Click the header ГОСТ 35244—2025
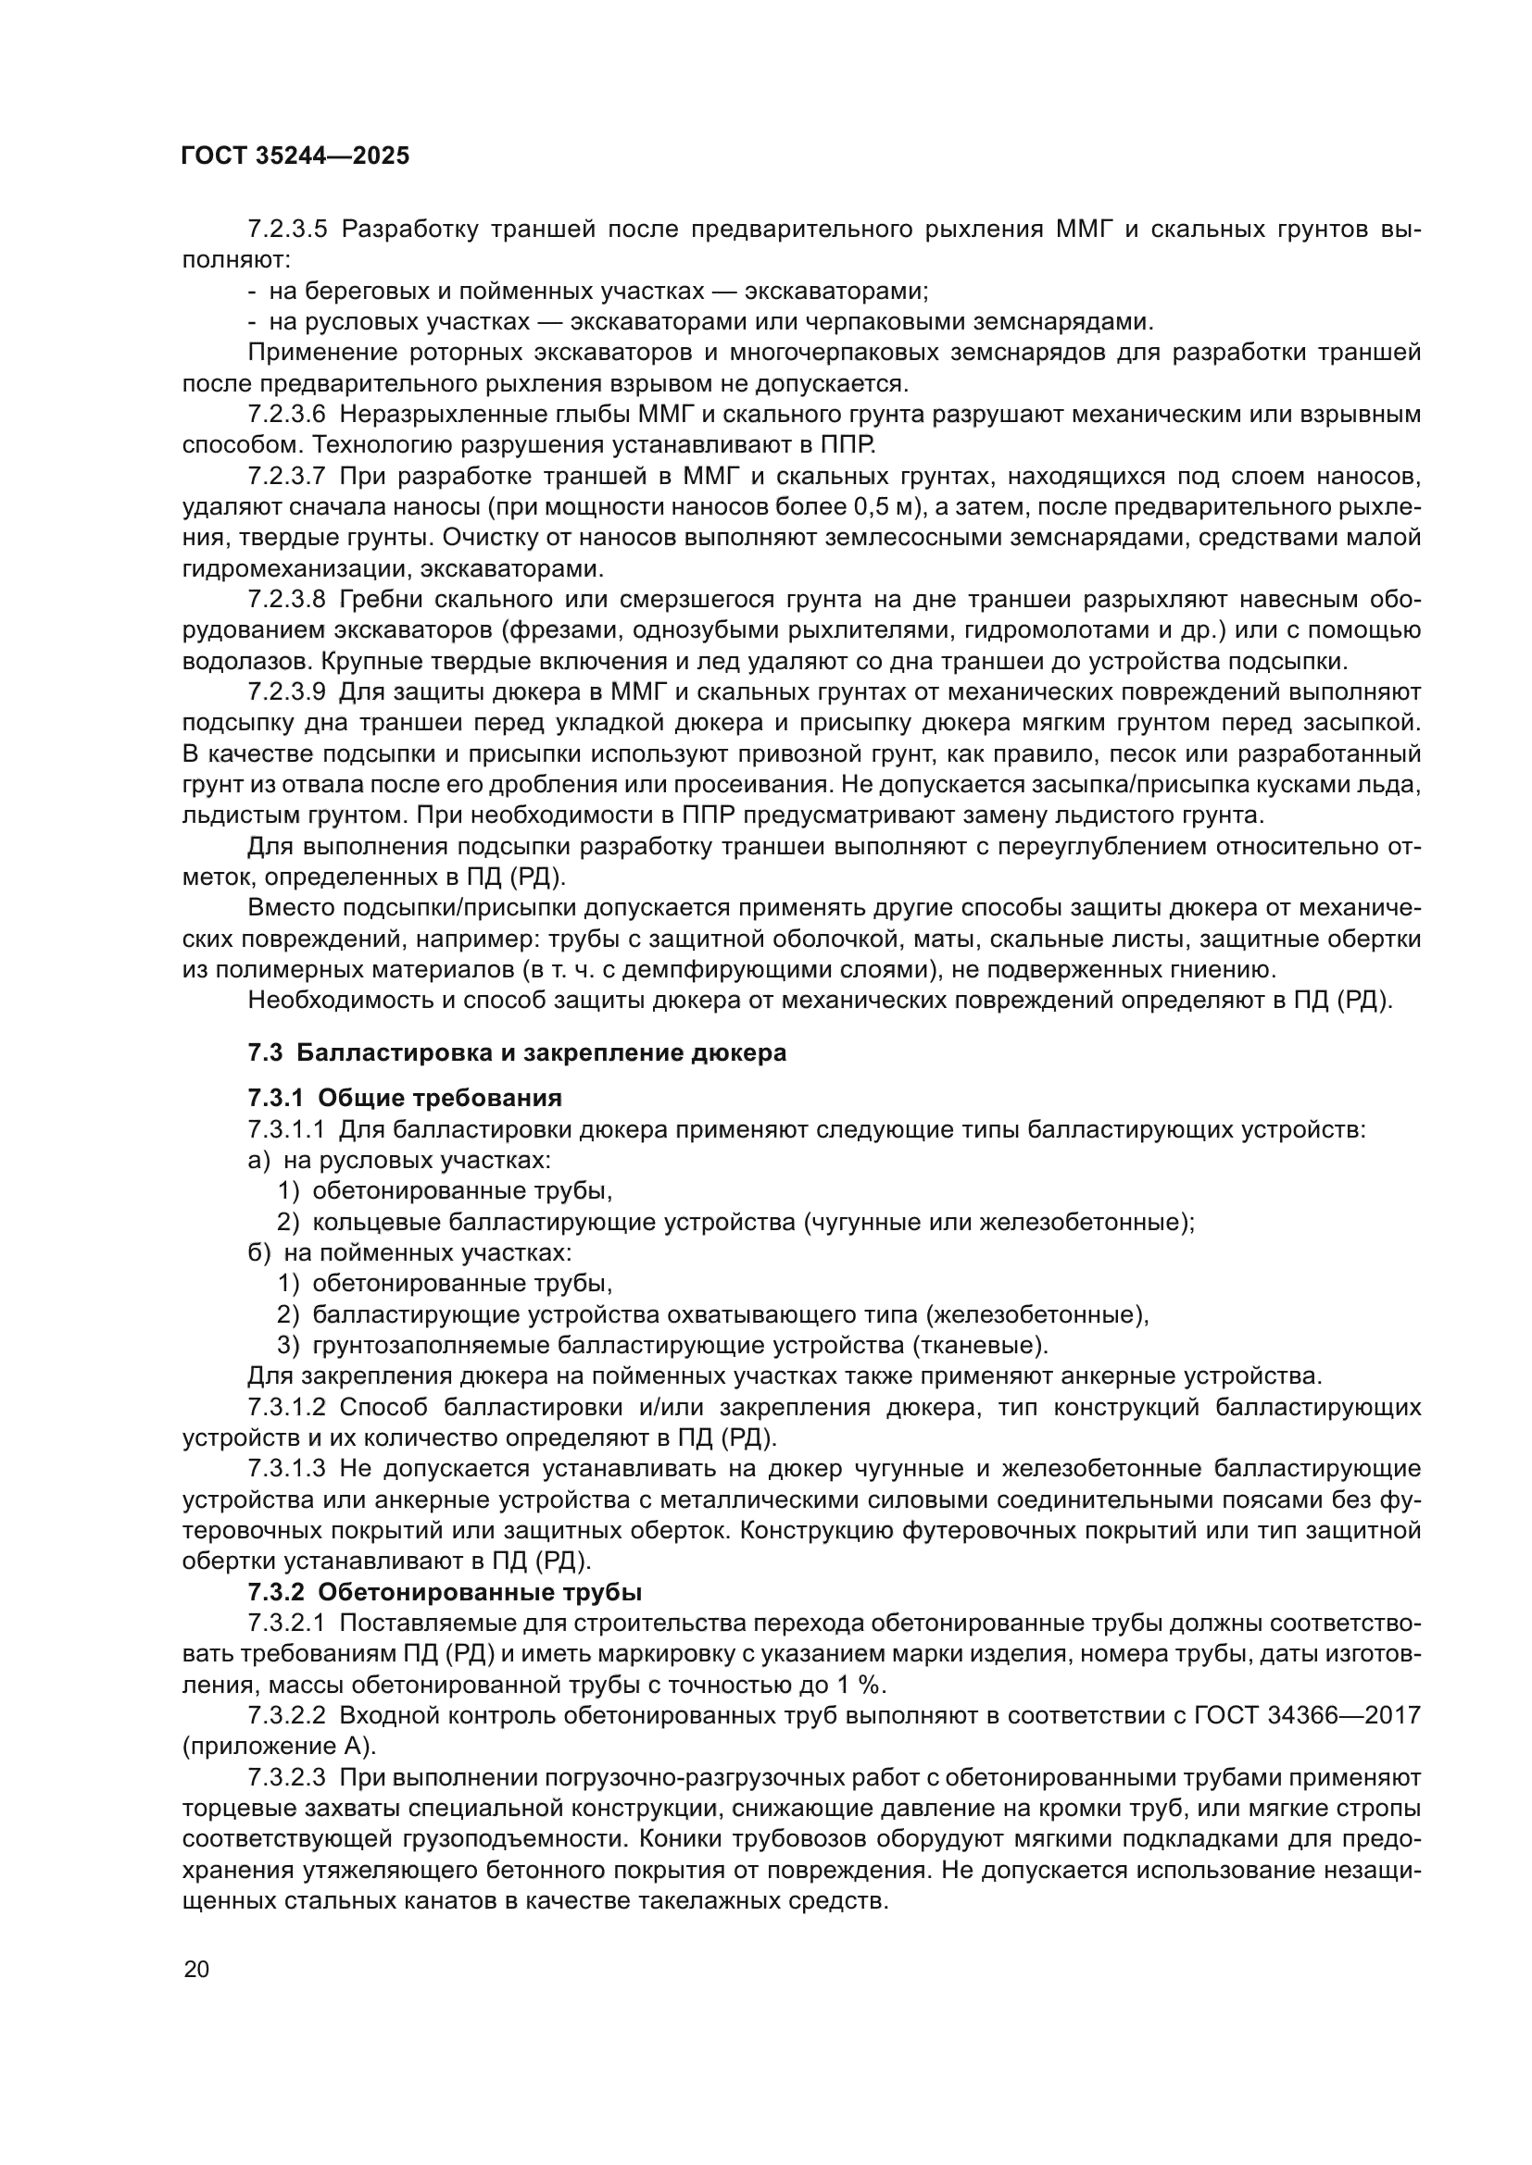[x=295, y=156]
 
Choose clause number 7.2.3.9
[x=287, y=692]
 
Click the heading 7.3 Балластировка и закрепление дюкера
[x=517, y=1052]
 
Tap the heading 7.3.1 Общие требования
[x=405, y=1098]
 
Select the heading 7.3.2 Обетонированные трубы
[x=446, y=1592]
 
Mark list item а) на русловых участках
[x=399, y=1160]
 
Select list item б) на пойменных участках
[x=410, y=1252]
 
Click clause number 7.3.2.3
[x=287, y=1777]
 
